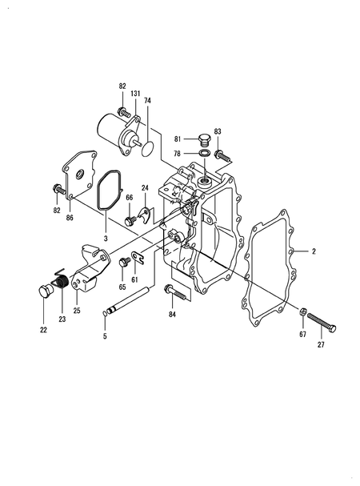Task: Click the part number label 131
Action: click(135, 94)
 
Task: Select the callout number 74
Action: click(147, 100)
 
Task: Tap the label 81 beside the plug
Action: click(178, 139)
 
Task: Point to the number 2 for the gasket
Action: click(314, 251)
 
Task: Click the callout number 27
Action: click(321, 344)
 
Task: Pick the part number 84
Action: click(172, 315)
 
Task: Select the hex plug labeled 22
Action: click(46, 291)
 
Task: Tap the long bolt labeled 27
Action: click(322, 323)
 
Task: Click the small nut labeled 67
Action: click(302, 311)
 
